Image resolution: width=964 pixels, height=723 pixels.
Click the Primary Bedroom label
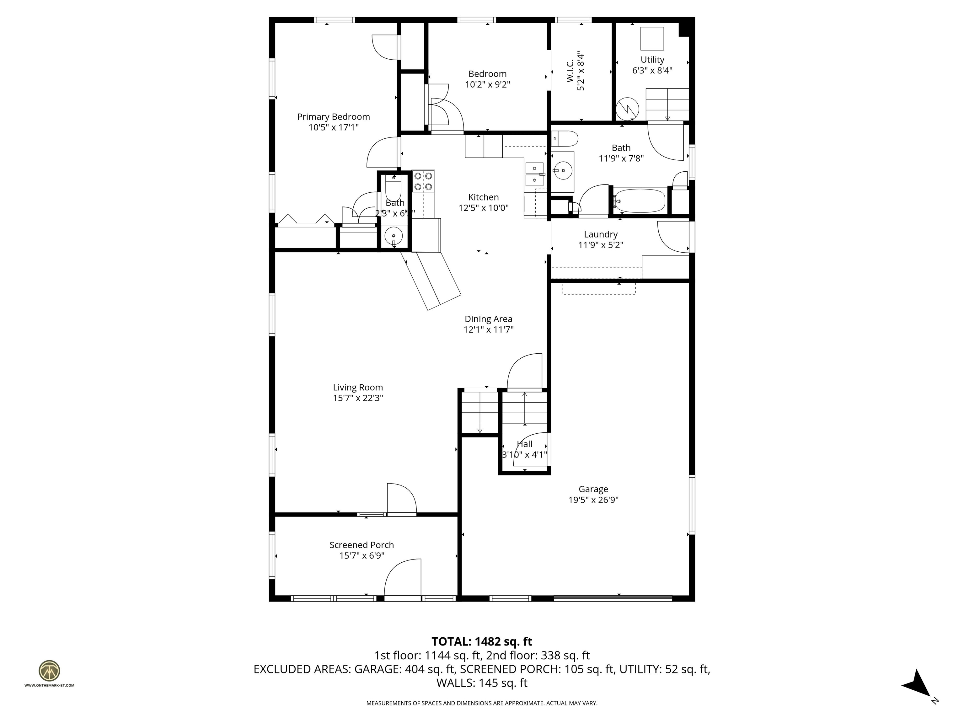click(x=333, y=117)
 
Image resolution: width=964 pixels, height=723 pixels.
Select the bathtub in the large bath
click(x=640, y=201)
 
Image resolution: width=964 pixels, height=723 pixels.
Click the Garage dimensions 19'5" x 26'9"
click(x=593, y=500)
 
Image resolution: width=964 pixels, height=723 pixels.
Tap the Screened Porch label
click(x=361, y=545)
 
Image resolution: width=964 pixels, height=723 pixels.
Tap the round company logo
click(x=49, y=671)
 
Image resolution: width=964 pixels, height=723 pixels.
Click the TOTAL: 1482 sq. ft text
click(x=482, y=641)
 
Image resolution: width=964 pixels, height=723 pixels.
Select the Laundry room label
click(x=601, y=234)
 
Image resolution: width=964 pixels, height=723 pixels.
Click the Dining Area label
click(x=488, y=319)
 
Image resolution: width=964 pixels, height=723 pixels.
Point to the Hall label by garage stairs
click(x=524, y=444)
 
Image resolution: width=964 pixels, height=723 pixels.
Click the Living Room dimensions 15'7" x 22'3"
click(x=358, y=398)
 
